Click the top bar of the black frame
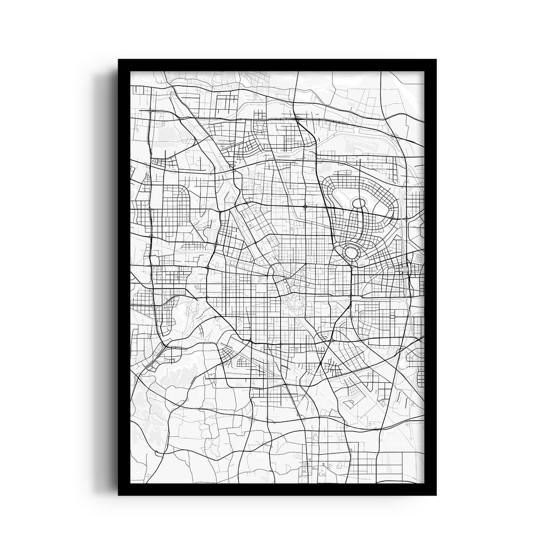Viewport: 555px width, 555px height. [277, 65]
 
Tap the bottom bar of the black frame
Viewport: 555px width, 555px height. [277, 489]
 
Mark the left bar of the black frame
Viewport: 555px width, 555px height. [124, 277]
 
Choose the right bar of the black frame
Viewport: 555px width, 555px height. [430, 277]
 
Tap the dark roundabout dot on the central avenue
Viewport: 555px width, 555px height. [305, 206]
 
